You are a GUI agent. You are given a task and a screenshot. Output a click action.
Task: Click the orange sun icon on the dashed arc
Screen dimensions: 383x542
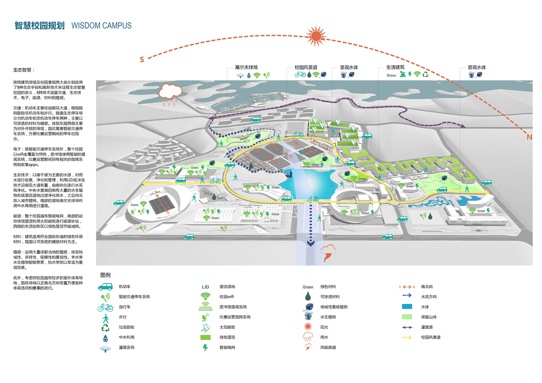pos(316,36)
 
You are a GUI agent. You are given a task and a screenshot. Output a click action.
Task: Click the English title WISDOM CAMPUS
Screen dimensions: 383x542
pos(101,26)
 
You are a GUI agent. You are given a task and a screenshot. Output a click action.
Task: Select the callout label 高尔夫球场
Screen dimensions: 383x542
pos(246,67)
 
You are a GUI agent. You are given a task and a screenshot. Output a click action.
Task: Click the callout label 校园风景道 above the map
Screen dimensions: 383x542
pos(306,67)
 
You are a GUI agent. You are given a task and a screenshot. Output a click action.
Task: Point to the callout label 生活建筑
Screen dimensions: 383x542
pos(395,67)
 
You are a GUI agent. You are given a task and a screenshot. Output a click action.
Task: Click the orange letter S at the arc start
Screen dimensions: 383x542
pos(142,60)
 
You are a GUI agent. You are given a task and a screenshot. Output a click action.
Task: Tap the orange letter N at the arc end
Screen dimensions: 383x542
pos(529,137)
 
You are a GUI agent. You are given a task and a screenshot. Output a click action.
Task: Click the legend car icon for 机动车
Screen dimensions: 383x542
pos(105,287)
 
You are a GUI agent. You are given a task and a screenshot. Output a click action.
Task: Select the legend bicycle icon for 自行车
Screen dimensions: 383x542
pos(105,307)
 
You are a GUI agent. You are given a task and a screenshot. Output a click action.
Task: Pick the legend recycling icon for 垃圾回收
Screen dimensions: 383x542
pos(105,327)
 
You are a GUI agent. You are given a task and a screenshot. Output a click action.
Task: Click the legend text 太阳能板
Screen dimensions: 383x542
pos(227,327)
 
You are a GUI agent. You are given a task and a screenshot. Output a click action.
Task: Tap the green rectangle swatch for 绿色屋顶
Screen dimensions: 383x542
pos(205,337)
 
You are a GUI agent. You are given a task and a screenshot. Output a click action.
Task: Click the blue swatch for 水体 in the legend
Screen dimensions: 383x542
pos(407,307)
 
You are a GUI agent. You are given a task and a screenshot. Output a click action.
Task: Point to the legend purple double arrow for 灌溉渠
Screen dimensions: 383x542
pos(407,327)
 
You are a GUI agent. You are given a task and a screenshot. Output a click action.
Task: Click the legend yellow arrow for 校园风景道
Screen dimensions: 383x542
pos(407,337)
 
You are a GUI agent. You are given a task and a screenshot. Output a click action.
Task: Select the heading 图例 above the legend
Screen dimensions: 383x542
pos(105,275)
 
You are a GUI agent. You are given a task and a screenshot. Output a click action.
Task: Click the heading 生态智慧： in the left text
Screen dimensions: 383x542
pos(24,70)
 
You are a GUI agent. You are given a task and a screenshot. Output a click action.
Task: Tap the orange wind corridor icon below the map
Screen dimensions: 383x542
pos(328,253)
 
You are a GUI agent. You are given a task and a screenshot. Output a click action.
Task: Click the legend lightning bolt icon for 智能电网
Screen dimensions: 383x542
pos(205,348)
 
